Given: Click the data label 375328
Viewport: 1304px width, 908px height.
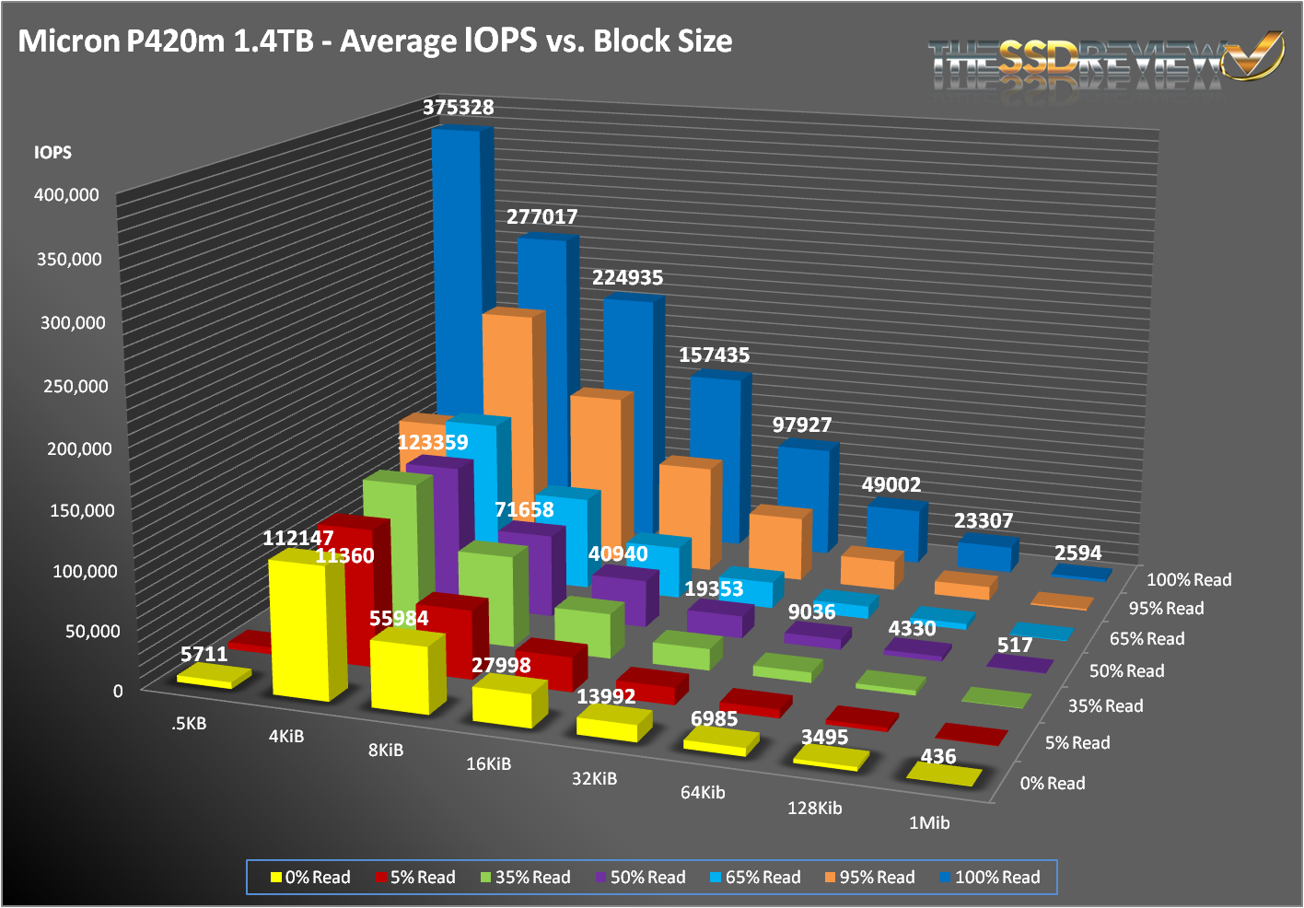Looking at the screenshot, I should pos(459,108).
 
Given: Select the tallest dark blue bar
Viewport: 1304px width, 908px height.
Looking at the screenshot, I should pos(458,276).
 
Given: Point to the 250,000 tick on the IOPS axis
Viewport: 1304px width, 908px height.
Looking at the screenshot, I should pos(76,386).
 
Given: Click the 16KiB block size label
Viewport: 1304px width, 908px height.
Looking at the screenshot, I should pos(488,763).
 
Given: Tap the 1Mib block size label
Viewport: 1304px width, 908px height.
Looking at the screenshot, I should pos(929,822).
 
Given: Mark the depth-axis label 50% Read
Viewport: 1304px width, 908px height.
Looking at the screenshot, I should pos(1126,671).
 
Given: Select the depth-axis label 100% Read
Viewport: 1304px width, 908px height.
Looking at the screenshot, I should pos(1189,580).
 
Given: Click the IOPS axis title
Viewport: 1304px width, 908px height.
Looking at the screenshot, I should pos(52,153).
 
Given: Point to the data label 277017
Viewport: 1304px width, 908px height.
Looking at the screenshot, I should pos(542,217).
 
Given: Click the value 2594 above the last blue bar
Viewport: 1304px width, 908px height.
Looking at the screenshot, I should pos(1077,553).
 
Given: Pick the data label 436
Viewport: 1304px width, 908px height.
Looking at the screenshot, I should pos(938,757).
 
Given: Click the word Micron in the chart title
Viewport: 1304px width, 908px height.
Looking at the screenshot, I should pos(67,41).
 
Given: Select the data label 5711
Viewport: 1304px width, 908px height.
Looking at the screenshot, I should pos(204,655).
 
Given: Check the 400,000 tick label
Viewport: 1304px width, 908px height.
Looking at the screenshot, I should pos(67,195).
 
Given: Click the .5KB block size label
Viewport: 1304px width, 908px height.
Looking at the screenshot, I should pos(189,724).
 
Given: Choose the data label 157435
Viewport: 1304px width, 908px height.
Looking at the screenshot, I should pos(715,355).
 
